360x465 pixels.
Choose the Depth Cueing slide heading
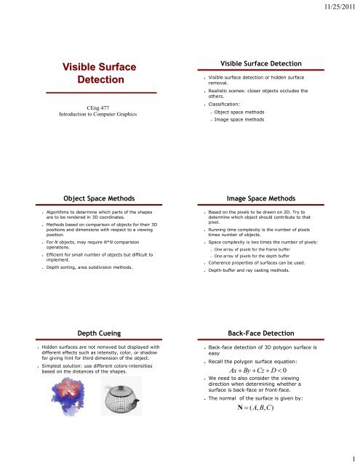(89, 332)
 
